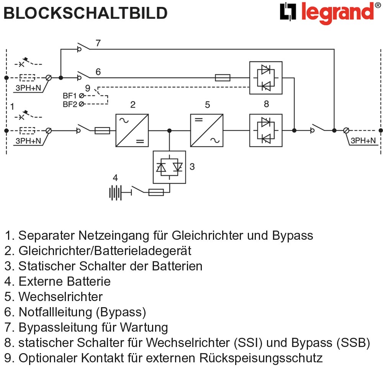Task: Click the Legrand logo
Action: [330, 13]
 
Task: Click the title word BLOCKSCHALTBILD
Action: [85, 13]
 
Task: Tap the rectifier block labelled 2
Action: [132, 131]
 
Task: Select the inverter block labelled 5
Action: [207, 131]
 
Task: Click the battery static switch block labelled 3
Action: [169, 167]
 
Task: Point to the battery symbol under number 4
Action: [115, 193]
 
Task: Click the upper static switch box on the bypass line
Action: [266, 78]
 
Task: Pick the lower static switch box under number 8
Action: [266, 131]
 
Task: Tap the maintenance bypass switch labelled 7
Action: [83, 47]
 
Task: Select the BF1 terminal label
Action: [70, 95]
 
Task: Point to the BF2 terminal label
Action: [70, 104]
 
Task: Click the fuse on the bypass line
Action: [223, 78]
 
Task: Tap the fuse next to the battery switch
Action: [156, 193]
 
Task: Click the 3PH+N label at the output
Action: [363, 141]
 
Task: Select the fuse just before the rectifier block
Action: [102, 131]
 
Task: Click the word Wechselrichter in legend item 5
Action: [61, 297]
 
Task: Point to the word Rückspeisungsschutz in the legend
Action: [261, 358]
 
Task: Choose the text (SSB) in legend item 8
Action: [354, 343]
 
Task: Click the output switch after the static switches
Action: [318, 128]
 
